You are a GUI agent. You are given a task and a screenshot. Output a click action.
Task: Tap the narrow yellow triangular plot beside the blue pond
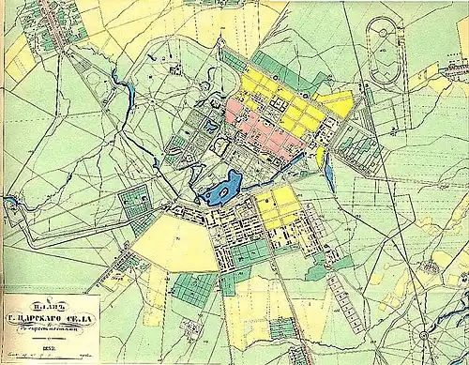pyautogui.click(x=320, y=156)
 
